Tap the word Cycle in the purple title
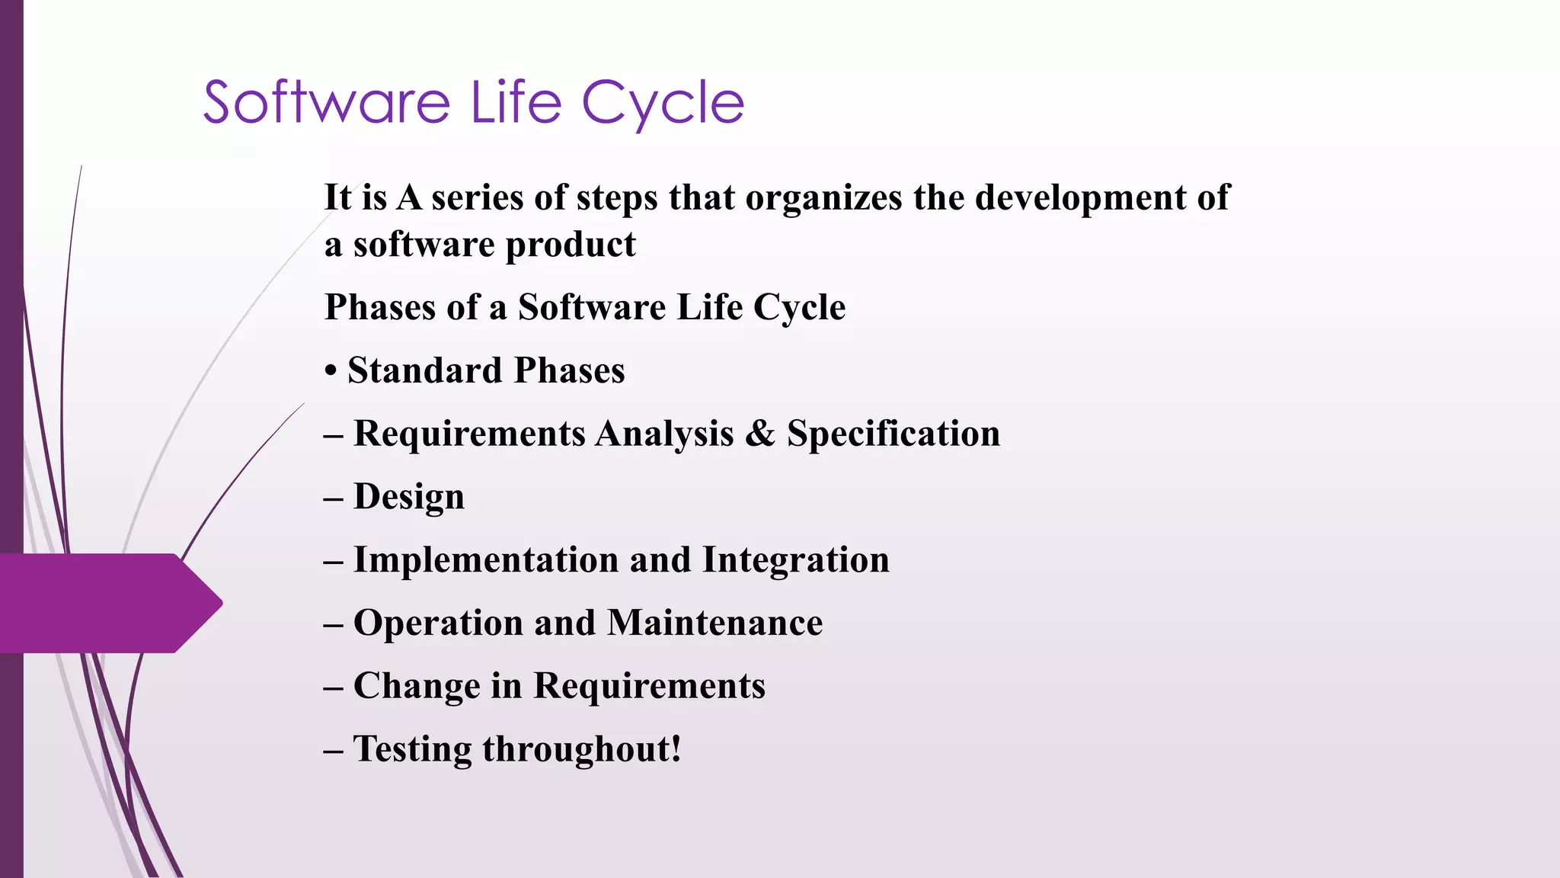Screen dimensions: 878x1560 tap(662, 104)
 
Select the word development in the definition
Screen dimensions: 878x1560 tap(1079, 198)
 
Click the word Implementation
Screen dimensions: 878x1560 tap(485, 560)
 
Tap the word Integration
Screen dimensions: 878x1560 tap(795, 560)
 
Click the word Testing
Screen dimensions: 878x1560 tap(412, 750)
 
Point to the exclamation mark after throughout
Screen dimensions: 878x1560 tap(675, 748)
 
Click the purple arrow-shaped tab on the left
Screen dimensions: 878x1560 tap(107, 603)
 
